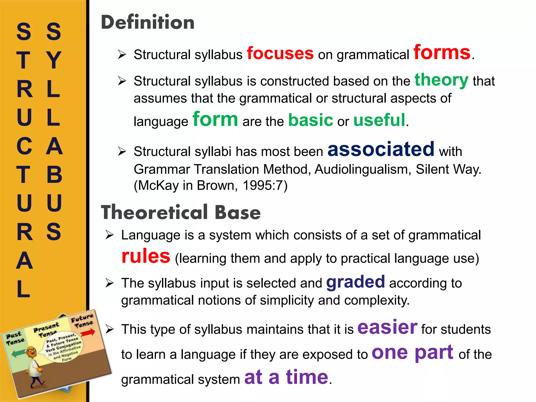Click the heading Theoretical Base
[x=181, y=212]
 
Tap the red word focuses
[x=280, y=53]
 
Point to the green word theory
[x=441, y=80]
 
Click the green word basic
[x=310, y=120]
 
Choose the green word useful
[x=379, y=120]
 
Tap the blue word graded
[x=355, y=282]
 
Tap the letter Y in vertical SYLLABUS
[x=53, y=60]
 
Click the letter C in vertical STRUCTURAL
[x=24, y=146]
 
